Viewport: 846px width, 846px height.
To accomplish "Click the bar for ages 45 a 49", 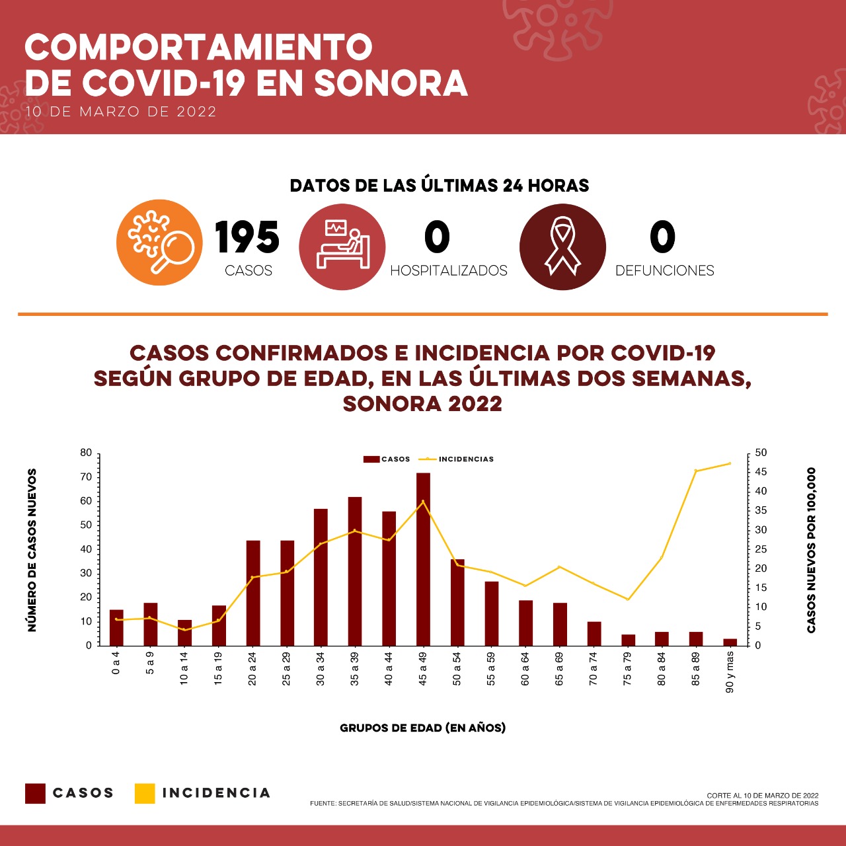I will [x=423, y=559].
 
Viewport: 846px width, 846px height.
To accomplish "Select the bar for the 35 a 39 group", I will [x=355, y=571].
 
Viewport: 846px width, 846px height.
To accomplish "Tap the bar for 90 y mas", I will [x=730, y=642].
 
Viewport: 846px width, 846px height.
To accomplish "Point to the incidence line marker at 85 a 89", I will [x=695, y=471].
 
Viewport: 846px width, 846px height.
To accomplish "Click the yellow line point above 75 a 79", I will [x=627, y=599].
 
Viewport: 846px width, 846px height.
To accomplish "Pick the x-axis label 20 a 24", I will [x=252, y=669].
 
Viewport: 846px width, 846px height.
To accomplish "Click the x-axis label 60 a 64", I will [x=525, y=669].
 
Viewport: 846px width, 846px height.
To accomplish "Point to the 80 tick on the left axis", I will [x=86, y=453].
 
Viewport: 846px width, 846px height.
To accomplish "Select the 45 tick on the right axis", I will [x=761, y=472].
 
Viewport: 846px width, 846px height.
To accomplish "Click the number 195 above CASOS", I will [x=247, y=237].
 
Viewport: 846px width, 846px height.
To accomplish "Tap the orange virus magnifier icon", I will [x=160, y=243].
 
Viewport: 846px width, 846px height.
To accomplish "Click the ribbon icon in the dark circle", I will [x=562, y=247].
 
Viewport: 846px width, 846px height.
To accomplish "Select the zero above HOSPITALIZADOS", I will [x=437, y=237].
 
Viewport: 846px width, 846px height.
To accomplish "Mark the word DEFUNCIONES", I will [x=664, y=270].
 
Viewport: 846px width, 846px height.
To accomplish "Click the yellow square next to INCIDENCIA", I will [x=144, y=793].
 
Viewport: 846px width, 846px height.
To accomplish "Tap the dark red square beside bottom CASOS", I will [x=35, y=793].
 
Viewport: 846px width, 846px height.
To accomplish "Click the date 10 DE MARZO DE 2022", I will [x=121, y=112].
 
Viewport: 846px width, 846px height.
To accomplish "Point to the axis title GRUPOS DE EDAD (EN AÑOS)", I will [x=422, y=728].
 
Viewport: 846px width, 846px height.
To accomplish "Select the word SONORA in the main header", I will [x=391, y=83].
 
